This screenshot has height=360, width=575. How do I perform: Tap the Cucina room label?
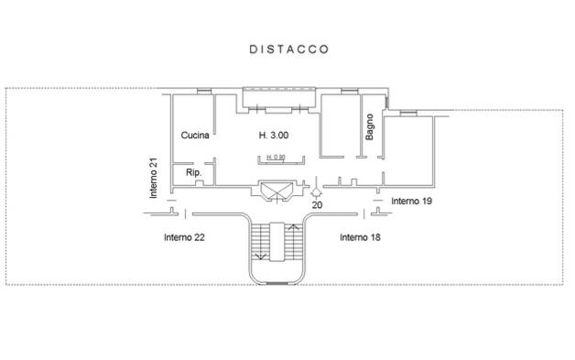[196, 136]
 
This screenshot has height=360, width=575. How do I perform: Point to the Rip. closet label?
[193, 173]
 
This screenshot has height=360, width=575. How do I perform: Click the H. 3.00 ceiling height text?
[276, 136]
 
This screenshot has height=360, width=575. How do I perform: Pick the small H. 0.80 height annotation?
[275, 158]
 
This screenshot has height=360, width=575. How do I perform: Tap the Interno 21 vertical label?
[155, 178]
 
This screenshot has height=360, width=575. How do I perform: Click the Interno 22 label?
[184, 237]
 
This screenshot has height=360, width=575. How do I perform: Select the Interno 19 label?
[412, 200]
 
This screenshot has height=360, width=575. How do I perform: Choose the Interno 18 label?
[361, 237]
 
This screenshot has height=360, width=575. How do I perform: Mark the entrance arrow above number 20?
[317, 192]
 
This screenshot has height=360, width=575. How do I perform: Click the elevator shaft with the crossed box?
[277, 191]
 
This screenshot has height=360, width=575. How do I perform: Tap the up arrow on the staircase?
[294, 228]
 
